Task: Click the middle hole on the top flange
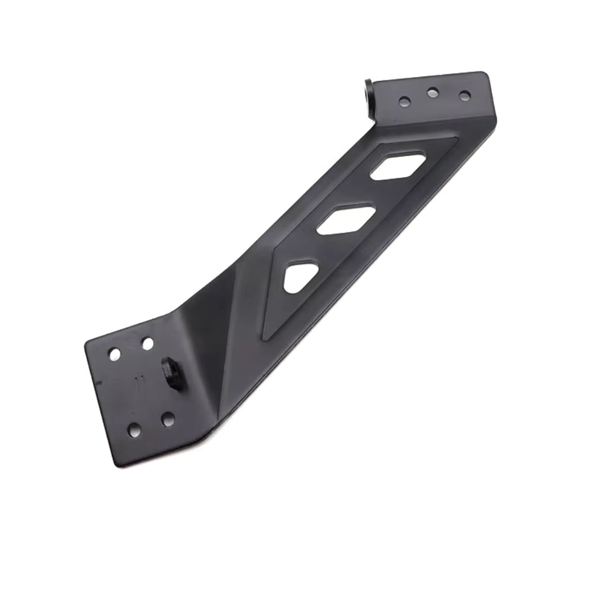433,93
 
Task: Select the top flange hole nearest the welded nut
404,102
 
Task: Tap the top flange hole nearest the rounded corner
464,96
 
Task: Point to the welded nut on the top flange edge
369,98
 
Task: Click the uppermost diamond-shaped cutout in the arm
398,167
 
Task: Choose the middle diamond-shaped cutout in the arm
346,220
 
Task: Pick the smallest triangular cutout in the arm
299,277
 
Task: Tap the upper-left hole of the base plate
115,354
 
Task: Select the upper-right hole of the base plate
147,343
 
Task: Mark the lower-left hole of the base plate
134,431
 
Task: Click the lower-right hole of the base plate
167,419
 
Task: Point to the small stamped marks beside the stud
139,379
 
